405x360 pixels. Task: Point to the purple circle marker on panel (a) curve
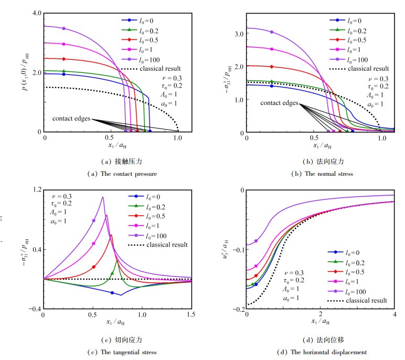click(x=64, y=28)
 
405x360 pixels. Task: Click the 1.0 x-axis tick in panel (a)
click(x=178, y=140)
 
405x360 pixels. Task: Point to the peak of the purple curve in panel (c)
click(x=103, y=197)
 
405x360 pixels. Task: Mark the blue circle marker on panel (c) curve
click(x=112, y=293)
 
